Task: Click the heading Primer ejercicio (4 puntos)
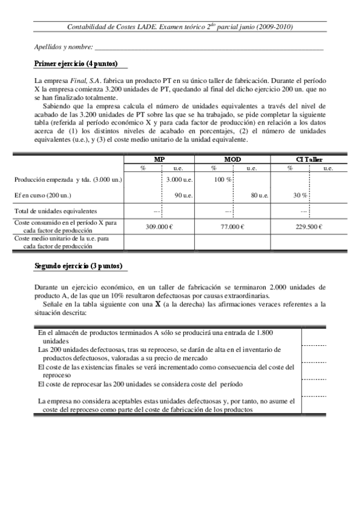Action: click(x=76, y=63)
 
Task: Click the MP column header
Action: click(x=160, y=159)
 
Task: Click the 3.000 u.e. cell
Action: click(x=178, y=180)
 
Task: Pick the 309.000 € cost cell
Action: click(x=160, y=227)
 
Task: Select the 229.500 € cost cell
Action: click(x=310, y=227)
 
